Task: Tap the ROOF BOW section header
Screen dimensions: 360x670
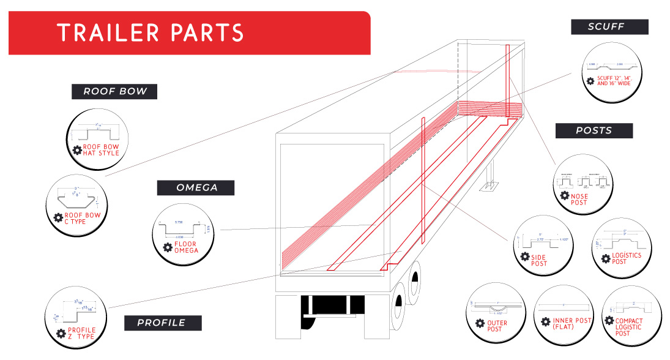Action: (115, 92)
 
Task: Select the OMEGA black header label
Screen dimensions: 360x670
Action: (196, 188)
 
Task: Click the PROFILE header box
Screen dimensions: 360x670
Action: (161, 323)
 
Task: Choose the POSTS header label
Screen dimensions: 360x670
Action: (594, 130)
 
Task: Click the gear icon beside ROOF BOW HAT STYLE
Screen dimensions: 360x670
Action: (78, 151)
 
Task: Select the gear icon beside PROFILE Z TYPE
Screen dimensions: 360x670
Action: (61, 334)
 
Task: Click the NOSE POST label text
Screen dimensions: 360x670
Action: (579, 200)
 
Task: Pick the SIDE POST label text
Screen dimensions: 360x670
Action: (539, 260)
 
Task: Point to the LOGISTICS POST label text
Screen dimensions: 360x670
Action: (627, 258)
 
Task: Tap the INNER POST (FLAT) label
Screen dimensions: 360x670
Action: (572, 324)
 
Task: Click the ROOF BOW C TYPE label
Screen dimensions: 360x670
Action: (82, 218)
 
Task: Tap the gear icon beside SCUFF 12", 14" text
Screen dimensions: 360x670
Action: (590, 81)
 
